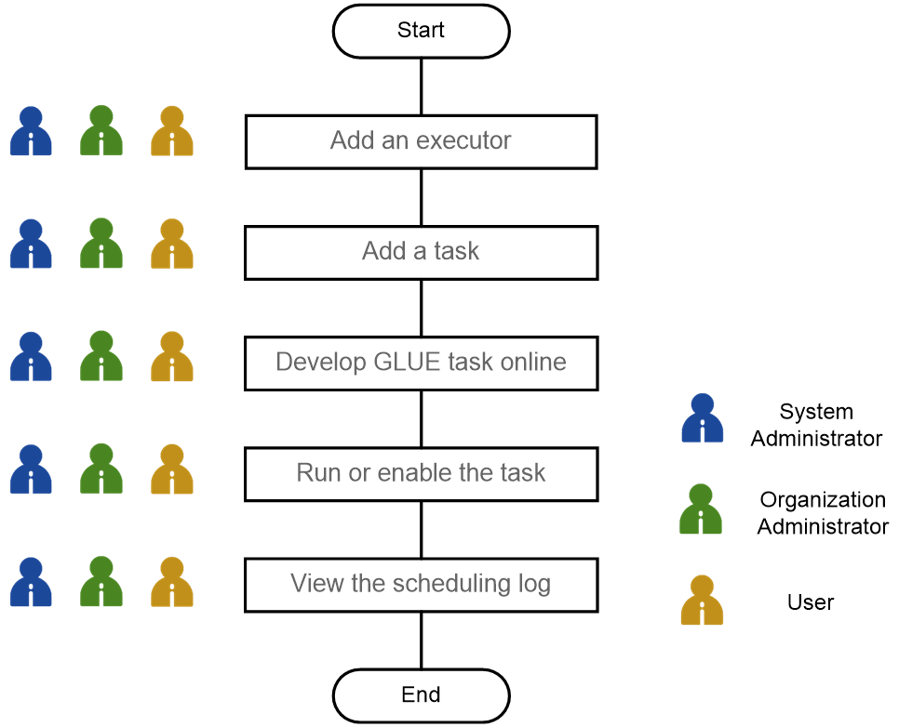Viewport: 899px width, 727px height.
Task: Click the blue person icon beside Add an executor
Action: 31,132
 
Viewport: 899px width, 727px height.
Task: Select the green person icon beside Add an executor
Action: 101,132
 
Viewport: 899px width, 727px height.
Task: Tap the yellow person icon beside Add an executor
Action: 172,132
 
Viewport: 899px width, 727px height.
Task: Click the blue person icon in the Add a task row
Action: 31,245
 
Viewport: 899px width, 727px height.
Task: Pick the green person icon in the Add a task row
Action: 101,245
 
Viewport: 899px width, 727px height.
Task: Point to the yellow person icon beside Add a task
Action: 172,245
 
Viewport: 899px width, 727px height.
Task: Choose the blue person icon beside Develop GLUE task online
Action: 31,357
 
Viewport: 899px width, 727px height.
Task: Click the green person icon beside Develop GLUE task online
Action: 101,357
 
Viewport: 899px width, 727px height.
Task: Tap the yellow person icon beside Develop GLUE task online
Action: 172,357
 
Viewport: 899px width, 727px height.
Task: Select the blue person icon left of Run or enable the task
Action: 31,469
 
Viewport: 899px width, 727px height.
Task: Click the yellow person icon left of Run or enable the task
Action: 172,469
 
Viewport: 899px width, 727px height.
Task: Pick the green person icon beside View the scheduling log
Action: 101,582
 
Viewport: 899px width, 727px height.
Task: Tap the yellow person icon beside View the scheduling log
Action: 172,582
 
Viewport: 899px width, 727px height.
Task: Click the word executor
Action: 463,141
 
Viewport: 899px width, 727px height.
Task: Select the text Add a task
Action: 421,251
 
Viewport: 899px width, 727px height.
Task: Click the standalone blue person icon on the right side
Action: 703,417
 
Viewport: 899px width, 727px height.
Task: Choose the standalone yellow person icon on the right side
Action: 703,601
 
